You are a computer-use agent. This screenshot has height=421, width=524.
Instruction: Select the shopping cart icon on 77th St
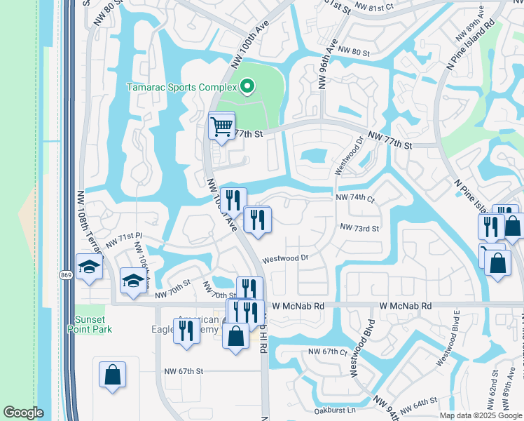coord(221,127)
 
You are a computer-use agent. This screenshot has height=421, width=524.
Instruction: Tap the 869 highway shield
coord(66,274)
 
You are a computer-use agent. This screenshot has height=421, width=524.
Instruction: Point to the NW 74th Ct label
coord(355,199)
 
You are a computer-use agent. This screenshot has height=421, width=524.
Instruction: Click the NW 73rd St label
coord(359,228)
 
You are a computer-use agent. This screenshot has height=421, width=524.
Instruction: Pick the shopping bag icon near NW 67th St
coord(112,374)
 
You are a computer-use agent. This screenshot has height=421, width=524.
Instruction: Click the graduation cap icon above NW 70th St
coord(133,281)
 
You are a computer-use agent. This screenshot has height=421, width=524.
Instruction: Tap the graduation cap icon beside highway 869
coord(89,267)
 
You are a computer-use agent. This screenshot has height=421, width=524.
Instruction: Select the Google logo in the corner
coord(23,413)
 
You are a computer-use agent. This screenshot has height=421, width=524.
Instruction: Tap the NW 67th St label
coord(184,371)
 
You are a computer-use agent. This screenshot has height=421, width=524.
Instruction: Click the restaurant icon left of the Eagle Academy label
coord(186,331)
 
